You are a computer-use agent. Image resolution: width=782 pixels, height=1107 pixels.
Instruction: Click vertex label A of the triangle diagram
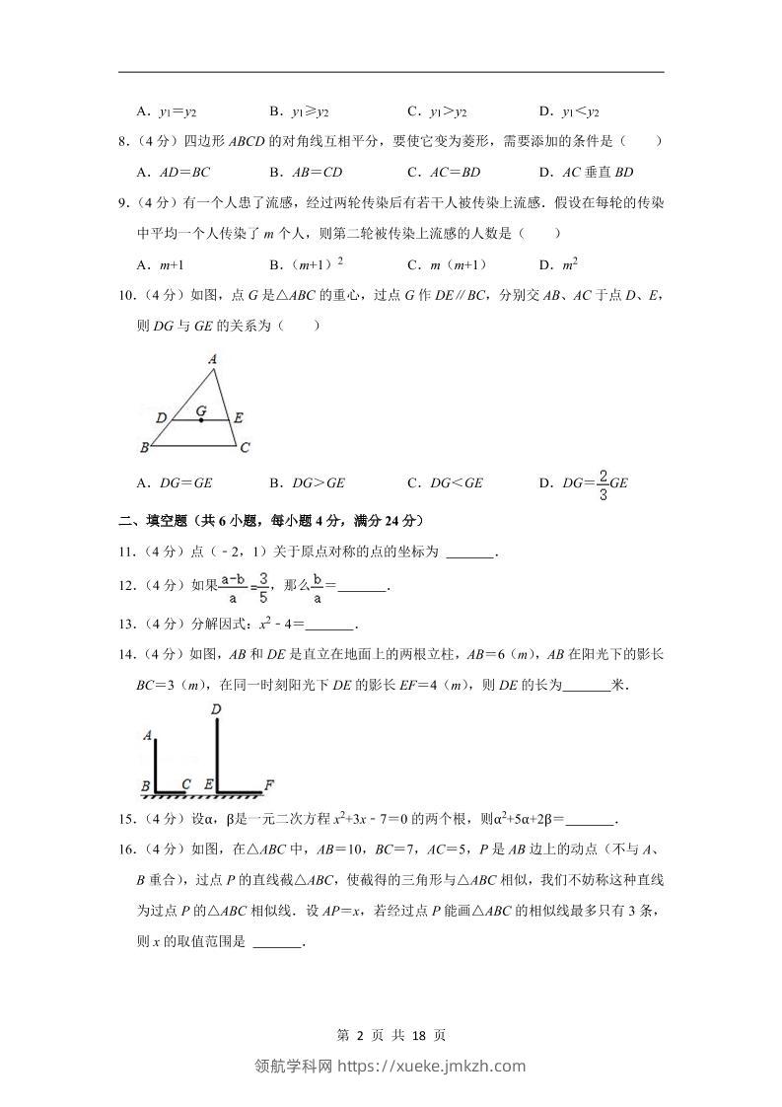click(213, 360)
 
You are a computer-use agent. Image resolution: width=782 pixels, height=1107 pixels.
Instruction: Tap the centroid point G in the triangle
click(202, 420)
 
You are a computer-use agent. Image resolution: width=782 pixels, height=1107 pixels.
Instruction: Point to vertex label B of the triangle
click(144, 448)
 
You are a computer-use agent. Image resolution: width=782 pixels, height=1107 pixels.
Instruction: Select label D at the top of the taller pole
click(216, 708)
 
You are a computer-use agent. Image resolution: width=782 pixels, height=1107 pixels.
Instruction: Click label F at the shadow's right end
click(268, 785)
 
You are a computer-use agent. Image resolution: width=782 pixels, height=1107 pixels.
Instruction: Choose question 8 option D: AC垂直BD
click(586, 172)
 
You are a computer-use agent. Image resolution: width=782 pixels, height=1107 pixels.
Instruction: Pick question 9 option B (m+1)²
click(306, 264)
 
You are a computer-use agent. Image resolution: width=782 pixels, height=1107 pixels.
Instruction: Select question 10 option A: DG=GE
click(175, 482)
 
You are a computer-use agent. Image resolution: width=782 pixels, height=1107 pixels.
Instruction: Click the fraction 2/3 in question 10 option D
click(602, 483)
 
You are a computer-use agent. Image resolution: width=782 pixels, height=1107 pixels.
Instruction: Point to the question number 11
click(125, 553)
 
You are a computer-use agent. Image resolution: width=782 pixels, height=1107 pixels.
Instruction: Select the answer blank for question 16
click(278, 943)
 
